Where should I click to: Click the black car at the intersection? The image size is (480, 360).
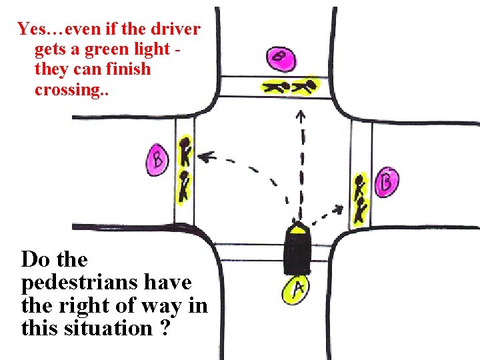tap(296, 249)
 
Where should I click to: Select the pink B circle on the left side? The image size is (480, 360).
tap(157, 160)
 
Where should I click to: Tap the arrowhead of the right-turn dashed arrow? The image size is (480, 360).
tap(341, 209)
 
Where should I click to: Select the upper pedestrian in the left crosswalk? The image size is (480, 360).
tap(186, 152)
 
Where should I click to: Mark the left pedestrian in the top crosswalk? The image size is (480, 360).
tap(273, 86)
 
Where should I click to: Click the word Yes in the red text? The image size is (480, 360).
tap(32, 29)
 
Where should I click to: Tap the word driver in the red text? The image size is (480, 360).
tap(174, 29)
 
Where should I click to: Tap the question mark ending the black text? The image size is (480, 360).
tap(164, 328)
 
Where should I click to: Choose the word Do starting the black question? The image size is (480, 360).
tap(35, 259)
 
